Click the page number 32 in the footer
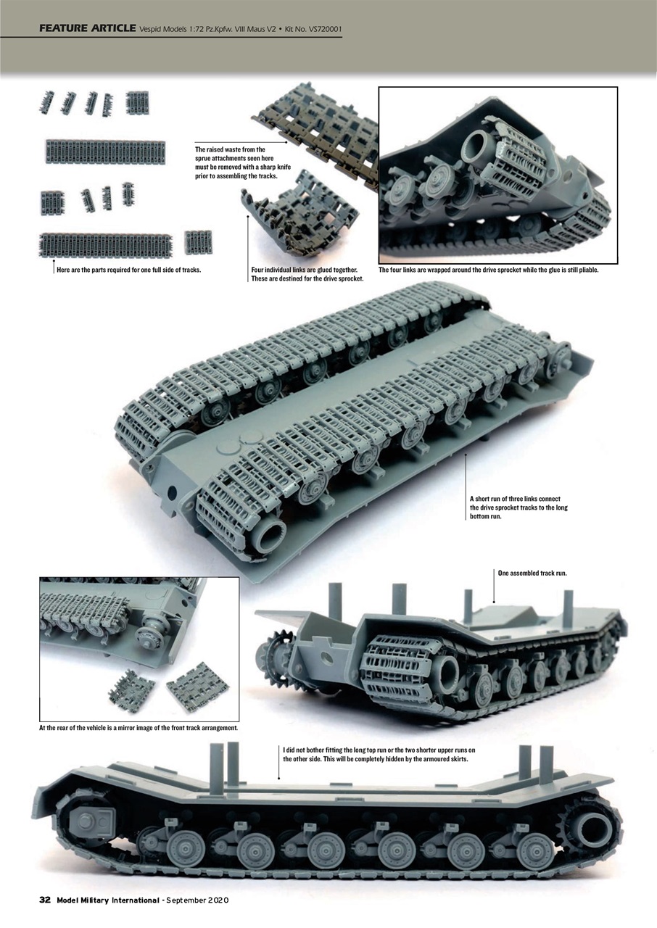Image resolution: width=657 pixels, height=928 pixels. (x=44, y=900)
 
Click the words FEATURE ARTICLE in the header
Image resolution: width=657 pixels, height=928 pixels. (x=87, y=28)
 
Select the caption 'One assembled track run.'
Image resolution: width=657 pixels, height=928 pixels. (x=532, y=573)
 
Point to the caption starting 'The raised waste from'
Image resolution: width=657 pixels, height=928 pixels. (x=231, y=162)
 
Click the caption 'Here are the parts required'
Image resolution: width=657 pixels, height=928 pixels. (x=128, y=270)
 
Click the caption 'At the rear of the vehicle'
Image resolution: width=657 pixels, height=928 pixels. (x=138, y=727)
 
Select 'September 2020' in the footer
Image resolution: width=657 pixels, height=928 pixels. (x=197, y=900)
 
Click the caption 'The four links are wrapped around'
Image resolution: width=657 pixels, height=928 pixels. (x=488, y=270)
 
